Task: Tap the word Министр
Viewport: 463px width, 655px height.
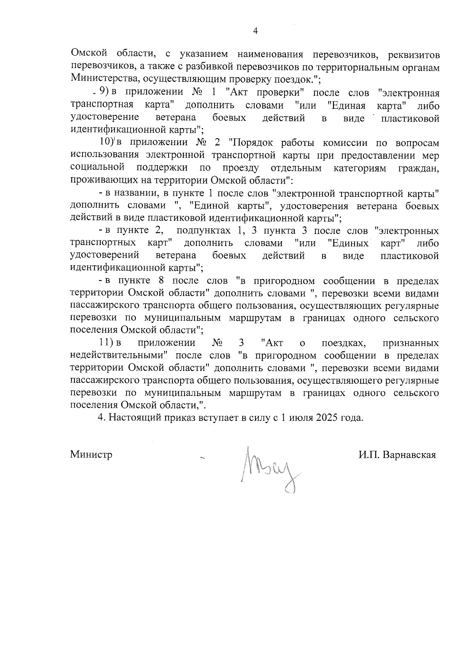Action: pyautogui.click(x=91, y=455)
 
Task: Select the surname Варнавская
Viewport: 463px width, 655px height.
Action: pyautogui.click(x=409, y=455)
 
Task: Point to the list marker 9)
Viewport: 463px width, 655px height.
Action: pyautogui.click(x=104, y=93)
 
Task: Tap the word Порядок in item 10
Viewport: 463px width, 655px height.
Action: pyautogui.click(x=250, y=142)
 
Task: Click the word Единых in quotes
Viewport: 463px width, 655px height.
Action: pyautogui.click(x=349, y=243)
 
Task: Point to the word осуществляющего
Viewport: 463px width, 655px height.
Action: pyautogui.click(x=340, y=381)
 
